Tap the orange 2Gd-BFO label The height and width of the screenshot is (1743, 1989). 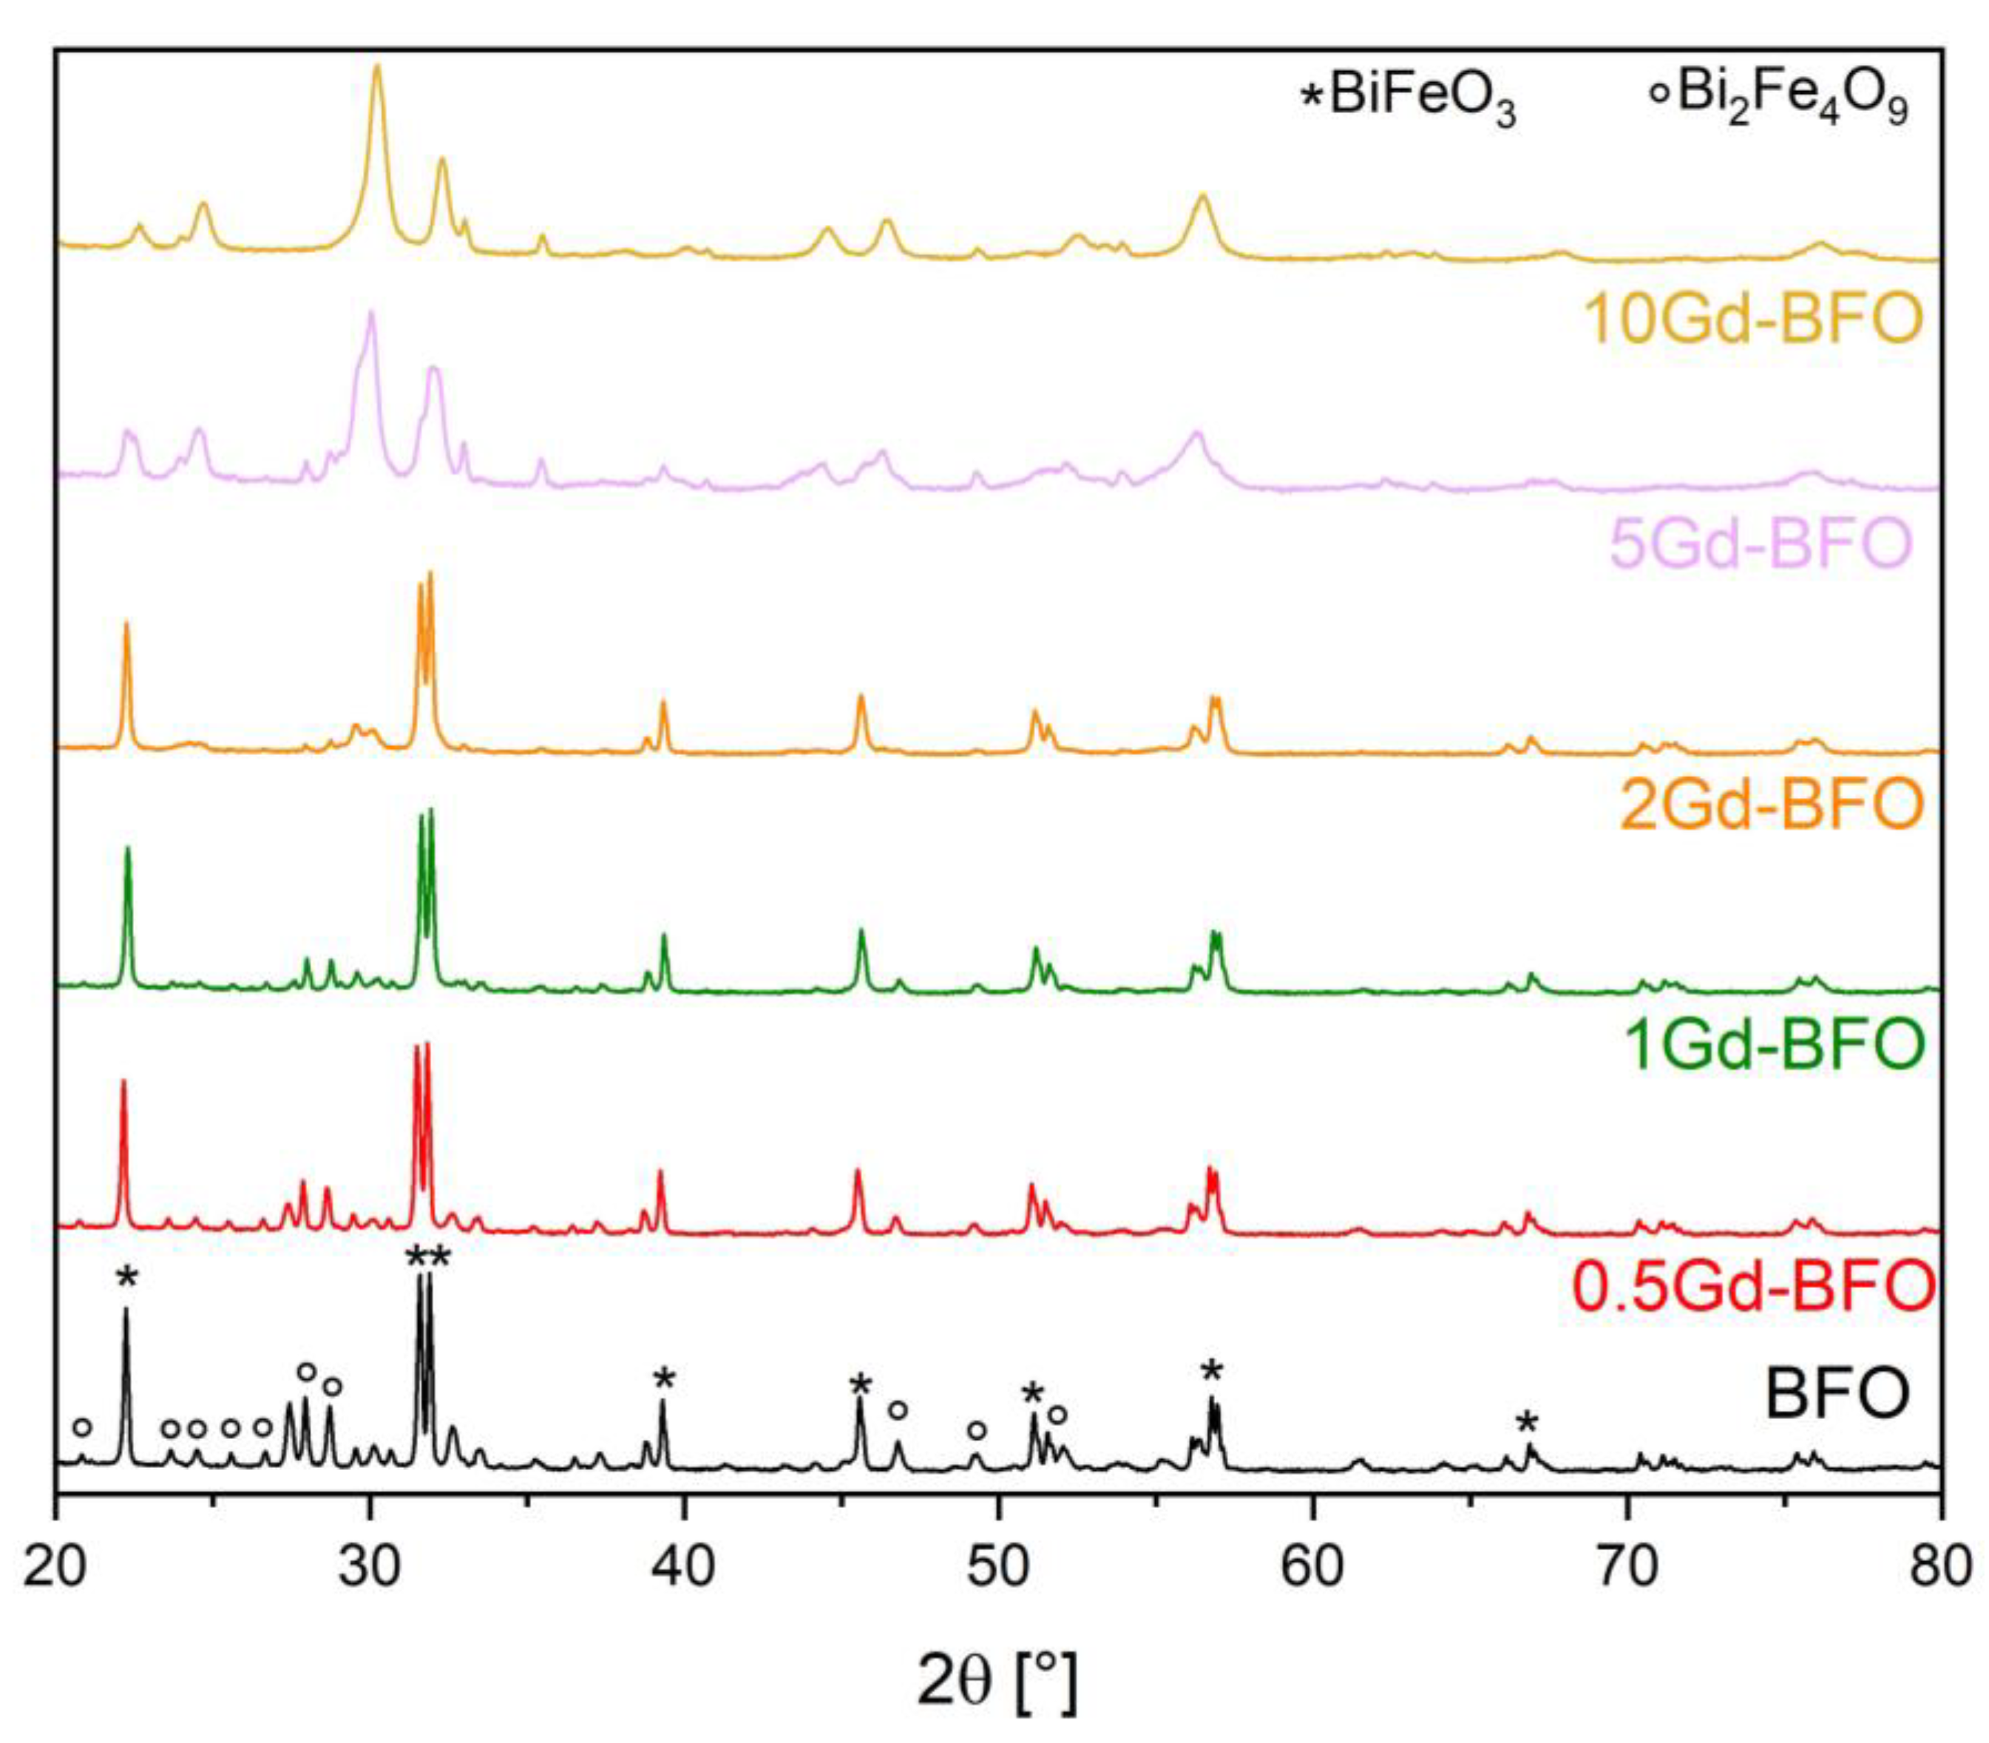[1770, 805]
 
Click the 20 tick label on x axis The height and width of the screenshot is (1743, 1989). [55, 1567]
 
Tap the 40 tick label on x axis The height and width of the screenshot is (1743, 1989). [685, 1567]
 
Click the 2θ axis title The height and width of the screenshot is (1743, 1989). [997, 1680]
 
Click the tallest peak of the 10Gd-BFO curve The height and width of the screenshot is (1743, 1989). [377, 68]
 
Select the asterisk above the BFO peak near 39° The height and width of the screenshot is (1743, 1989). [663, 1380]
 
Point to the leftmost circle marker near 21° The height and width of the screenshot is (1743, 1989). [83, 1427]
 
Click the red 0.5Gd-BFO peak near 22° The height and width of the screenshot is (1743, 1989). [123, 1082]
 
